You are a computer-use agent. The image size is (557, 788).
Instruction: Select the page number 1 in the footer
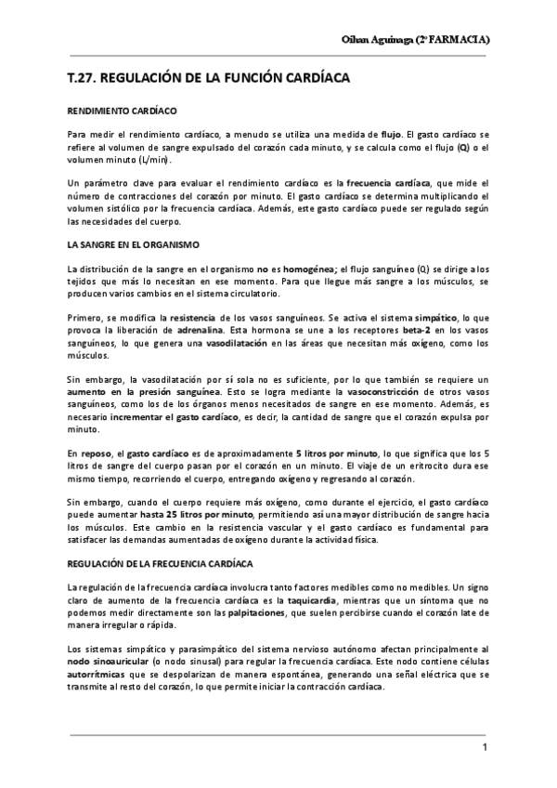(484, 748)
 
